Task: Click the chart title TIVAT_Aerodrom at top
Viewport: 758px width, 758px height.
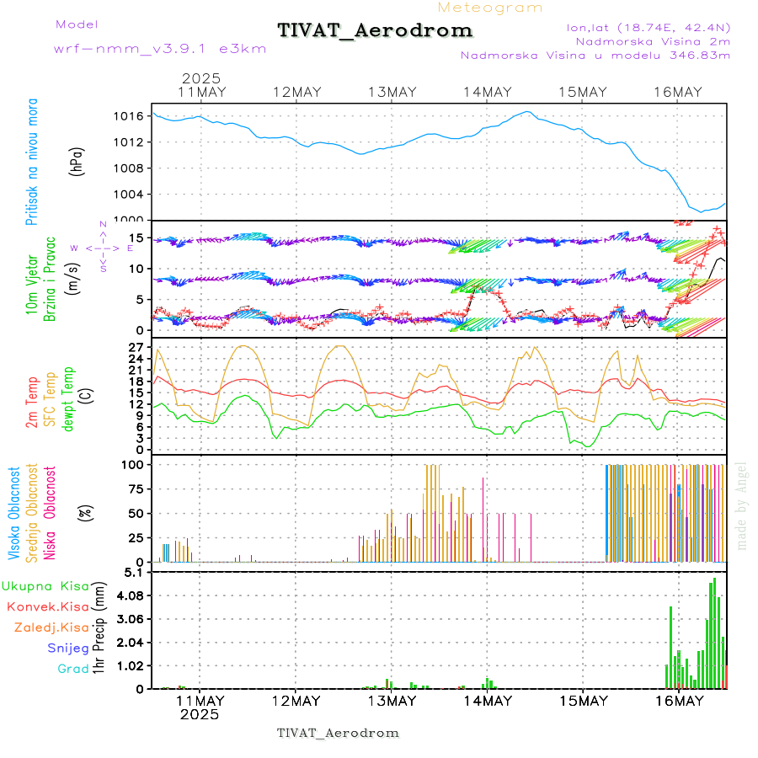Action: (x=375, y=30)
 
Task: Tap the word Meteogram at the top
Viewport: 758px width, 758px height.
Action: (x=490, y=8)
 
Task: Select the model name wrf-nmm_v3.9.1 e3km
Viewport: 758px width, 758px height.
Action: (x=160, y=49)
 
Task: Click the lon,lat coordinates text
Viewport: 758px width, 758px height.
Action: (x=649, y=28)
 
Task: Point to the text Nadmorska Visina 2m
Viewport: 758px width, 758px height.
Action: (x=653, y=41)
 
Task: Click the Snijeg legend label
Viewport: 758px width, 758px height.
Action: (x=68, y=649)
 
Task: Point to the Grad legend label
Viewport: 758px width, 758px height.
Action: (x=72, y=670)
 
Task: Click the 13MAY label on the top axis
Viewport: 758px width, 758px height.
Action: (x=392, y=92)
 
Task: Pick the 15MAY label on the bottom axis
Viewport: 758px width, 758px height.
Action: (x=583, y=701)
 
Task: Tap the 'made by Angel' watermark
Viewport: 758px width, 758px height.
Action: (x=742, y=505)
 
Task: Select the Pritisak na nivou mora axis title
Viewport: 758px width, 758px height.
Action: (x=33, y=163)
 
